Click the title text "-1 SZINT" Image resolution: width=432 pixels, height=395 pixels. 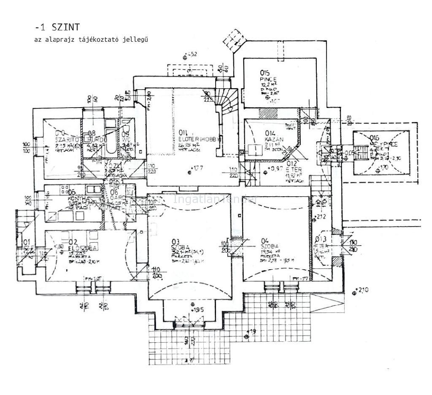coord(57,28)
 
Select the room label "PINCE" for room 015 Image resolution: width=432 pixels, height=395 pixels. coord(268,79)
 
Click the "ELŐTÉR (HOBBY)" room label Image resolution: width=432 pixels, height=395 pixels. coord(200,139)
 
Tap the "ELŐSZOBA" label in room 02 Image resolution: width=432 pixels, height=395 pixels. coord(83,248)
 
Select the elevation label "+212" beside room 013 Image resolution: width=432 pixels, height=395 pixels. coord(321,217)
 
